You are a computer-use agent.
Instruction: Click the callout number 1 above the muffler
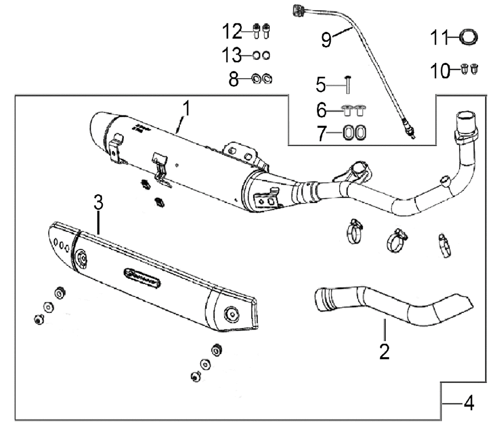(187, 109)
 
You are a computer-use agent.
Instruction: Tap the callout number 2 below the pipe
(384, 351)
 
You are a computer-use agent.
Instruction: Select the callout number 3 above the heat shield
(98, 203)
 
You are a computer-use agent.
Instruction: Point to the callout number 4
(469, 404)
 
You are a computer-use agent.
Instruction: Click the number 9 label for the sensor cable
(326, 40)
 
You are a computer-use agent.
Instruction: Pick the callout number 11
(439, 37)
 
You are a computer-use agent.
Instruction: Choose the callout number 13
(232, 55)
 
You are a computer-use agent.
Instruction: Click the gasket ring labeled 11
(469, 37)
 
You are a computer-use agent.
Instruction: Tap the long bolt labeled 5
(348, 85)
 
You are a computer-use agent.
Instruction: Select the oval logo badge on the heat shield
(142, 278)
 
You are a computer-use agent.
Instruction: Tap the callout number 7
(322, 133)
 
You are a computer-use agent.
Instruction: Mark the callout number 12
(232, 31)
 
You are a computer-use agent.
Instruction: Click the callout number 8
(234, 79)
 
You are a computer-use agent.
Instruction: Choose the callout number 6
(321, 110)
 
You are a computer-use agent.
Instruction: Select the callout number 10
(440, 71)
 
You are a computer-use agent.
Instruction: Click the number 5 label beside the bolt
(321, 85)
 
